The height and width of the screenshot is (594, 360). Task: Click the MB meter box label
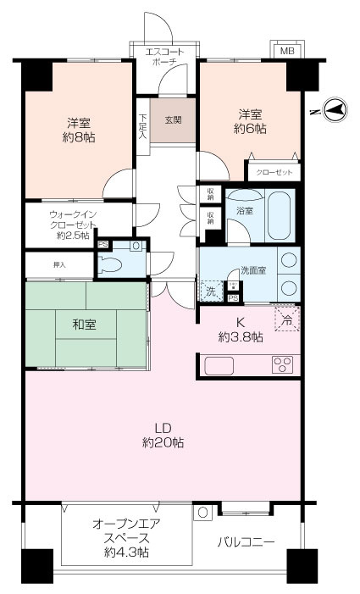pyautogui.click(x=287, y=51)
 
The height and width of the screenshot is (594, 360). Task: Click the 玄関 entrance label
pyautogui.click(x=173, y=120)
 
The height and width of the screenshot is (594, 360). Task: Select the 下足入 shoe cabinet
pyautogui.click(x=142, y=126)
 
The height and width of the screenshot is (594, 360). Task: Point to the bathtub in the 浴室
pyautogui.click(x=281, y=214)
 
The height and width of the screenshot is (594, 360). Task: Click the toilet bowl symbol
pyautogui.click(x=110, y=264)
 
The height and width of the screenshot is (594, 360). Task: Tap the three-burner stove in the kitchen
pyautogui.click(x=282, y=365)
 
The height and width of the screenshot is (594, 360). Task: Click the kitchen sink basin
pyautogui.click(x=219, y=365)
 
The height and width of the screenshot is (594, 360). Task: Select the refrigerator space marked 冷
pyautogui.click(x=287, y=319)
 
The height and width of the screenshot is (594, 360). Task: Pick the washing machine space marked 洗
pyautogui.click(x=212, y=291)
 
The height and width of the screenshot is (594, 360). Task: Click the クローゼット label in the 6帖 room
pyautogui.click(x=274, y=172)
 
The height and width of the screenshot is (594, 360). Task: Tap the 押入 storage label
pyautogui.click(x=59, y=265)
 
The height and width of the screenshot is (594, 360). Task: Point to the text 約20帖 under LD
pyautogui.click(x=163, y=442)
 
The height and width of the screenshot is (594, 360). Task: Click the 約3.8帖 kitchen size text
pyautogui.click(x=241, y=336)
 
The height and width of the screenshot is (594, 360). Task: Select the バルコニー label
pyautogui.click(x=246, y=542)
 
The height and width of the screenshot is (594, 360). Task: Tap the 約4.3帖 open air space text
pyautogui.click(x=126, y=552)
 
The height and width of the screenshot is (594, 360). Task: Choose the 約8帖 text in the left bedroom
pyautogui.click(x=79, y=137)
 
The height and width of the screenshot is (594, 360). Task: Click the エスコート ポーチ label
pyautogui.click(x=164, y=57)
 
